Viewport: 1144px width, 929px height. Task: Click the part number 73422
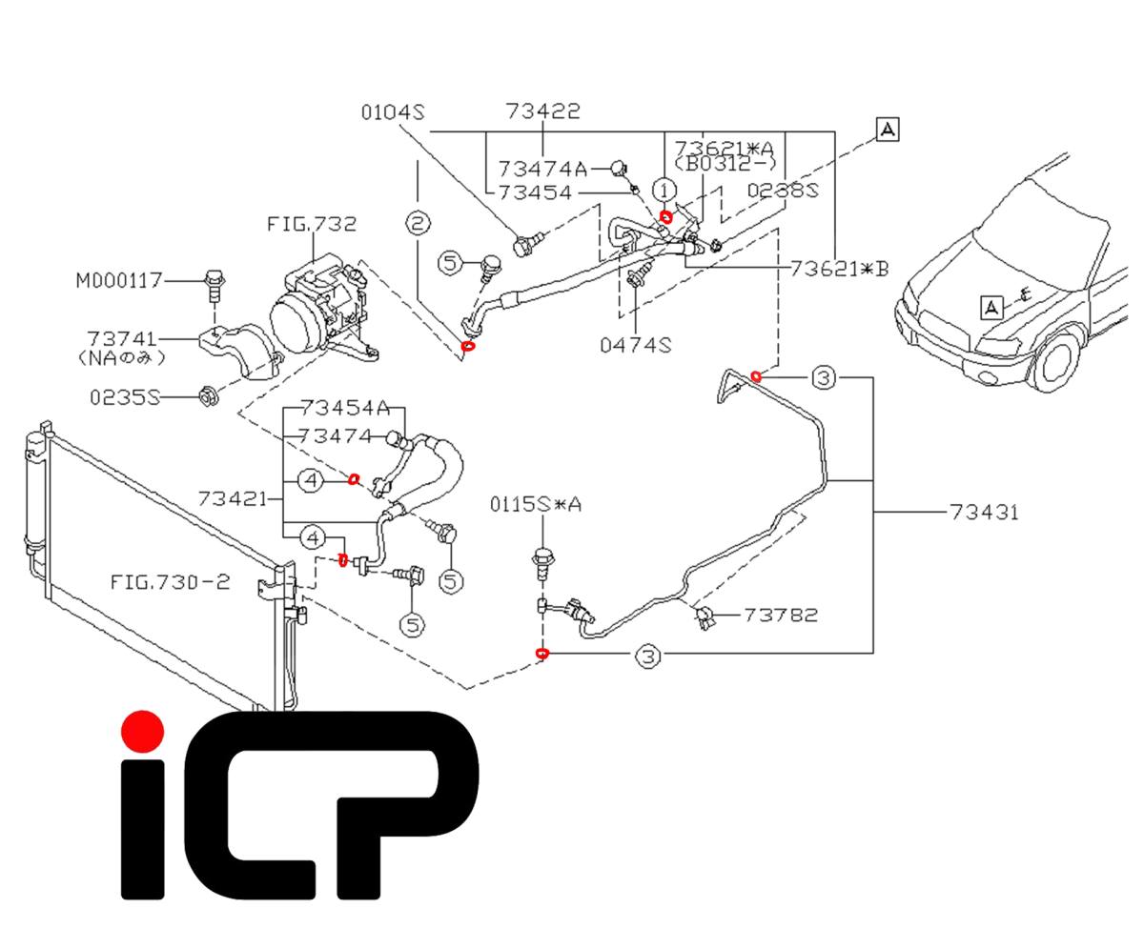543,111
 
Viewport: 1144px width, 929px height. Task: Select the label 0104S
391,111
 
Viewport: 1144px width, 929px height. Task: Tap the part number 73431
984,512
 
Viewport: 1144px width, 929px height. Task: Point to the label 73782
780,615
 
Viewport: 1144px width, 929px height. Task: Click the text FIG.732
312,225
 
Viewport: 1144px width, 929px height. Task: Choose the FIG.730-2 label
169,580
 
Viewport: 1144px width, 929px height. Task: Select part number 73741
121,339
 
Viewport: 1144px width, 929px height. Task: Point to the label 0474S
635,344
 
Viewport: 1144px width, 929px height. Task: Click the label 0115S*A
535,504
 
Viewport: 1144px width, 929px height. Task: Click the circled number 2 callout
418,224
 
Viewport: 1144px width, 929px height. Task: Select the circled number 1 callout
664,189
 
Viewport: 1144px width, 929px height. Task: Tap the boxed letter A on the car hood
992,307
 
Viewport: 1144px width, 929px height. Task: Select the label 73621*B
839,269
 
